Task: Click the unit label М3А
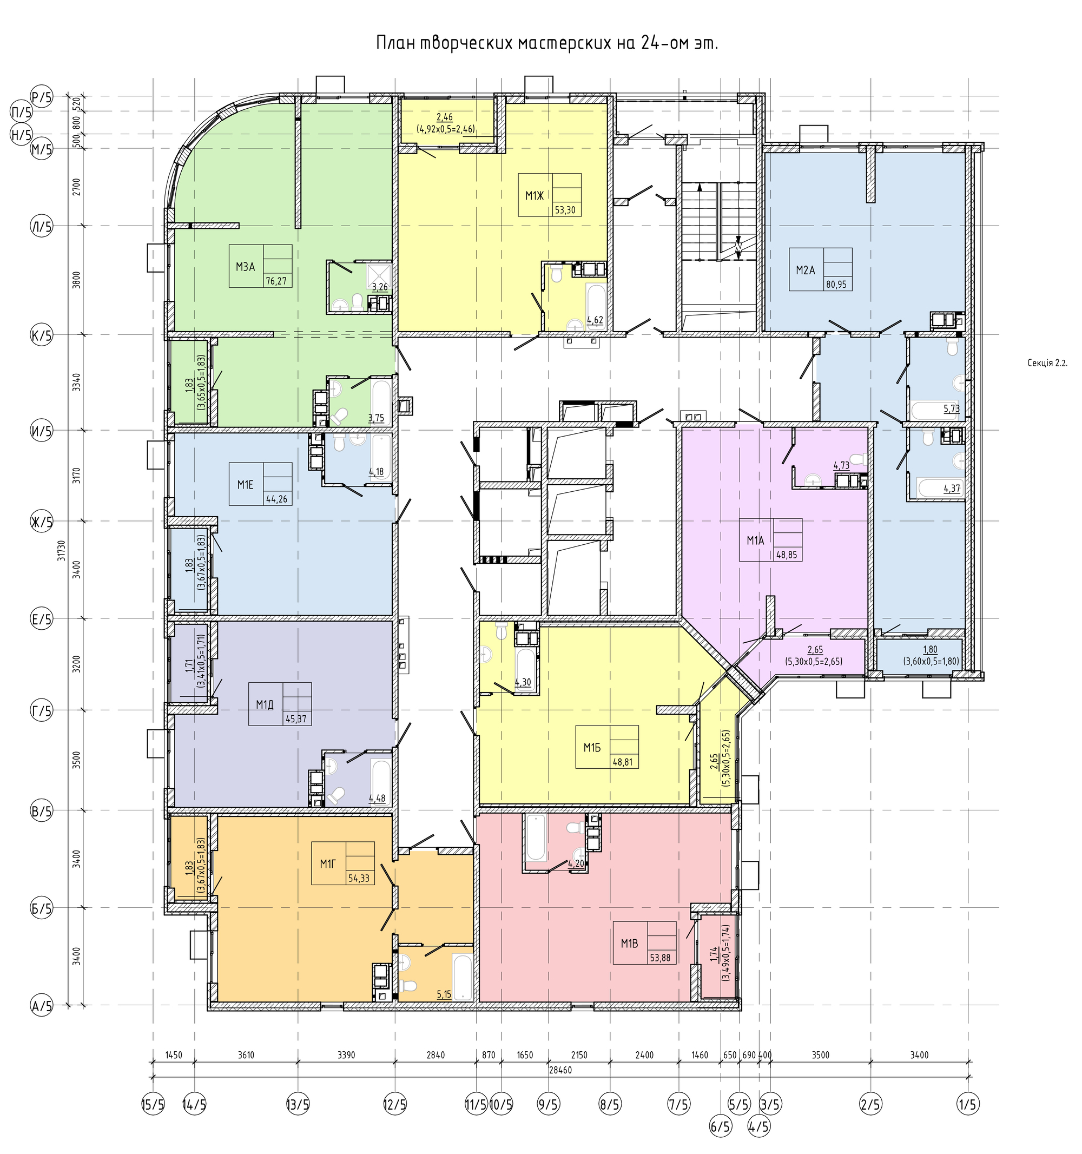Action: coord(246,267)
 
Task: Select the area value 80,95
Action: coord(836,285)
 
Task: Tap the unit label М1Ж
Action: coord(535,196)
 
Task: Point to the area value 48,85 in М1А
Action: coord(787,555)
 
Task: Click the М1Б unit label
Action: coord(591,747)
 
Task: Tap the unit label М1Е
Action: coord(246,485)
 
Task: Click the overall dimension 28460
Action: coord(560,1070)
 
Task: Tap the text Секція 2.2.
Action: coord(1047,364)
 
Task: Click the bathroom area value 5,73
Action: coord(951,408)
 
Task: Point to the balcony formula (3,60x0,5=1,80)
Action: coord(931,661)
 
